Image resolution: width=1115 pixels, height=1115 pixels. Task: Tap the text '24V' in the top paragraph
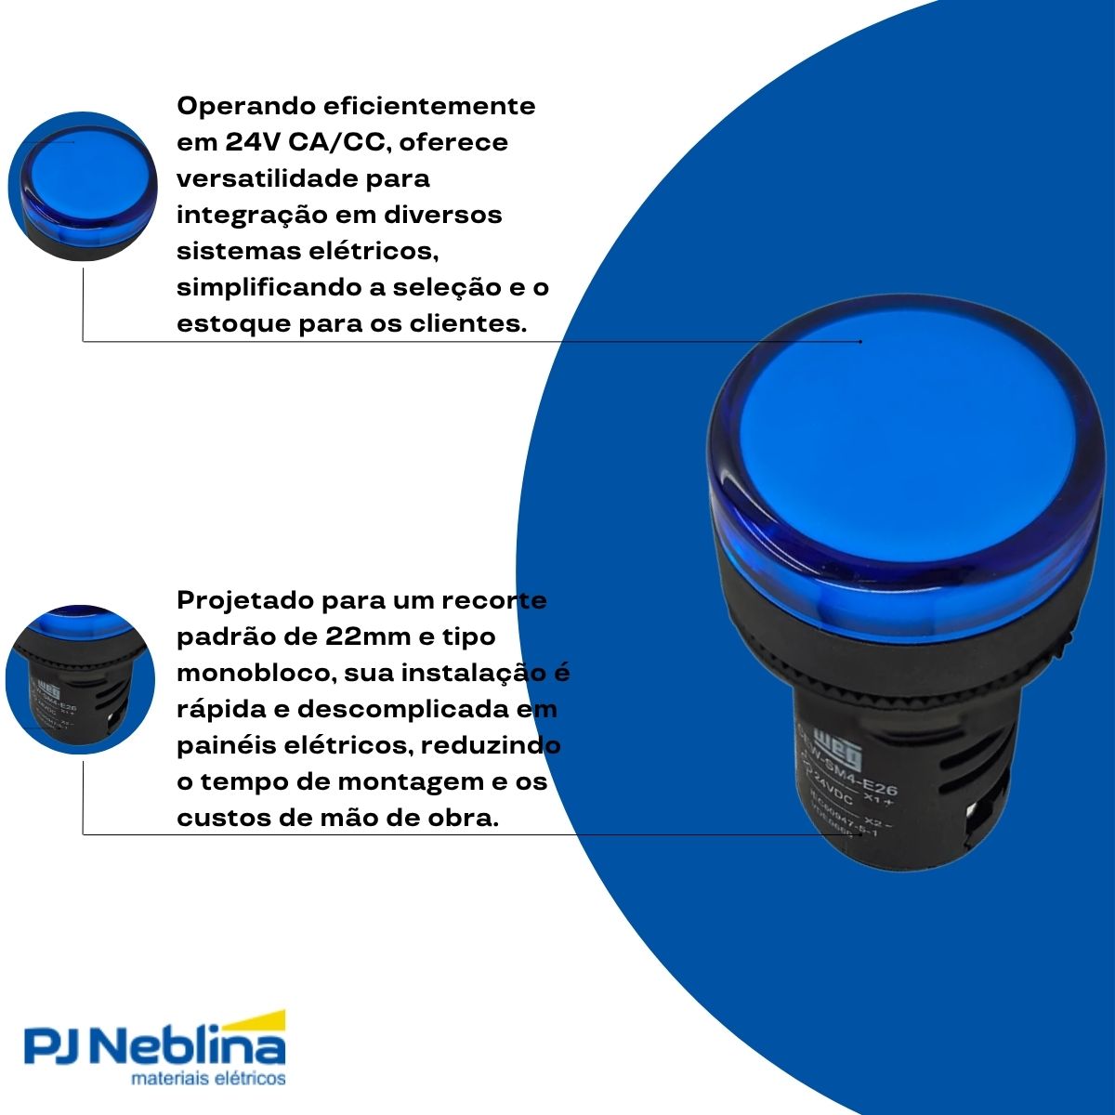[247, 143]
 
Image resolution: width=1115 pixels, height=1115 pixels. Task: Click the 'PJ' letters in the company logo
[57, 1048]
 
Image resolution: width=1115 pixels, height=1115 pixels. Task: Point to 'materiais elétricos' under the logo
[208, 1080]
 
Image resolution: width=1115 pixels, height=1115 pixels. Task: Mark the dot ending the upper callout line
[860, 342]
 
